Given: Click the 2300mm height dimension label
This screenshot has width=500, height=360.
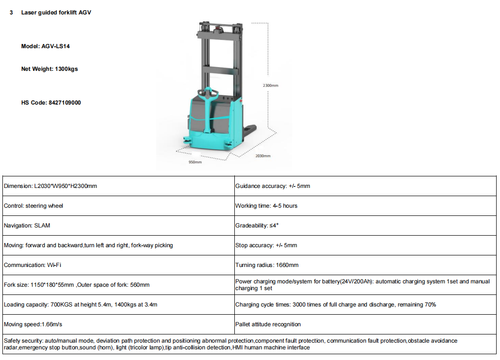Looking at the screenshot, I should pos(270,85).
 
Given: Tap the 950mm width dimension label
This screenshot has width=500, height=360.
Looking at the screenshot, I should pos(195,162).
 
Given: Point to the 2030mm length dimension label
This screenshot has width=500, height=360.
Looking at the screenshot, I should pos(263,156).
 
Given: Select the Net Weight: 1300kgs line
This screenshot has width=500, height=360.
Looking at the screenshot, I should pos(49,69).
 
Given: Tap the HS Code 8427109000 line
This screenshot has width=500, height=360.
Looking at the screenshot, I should pos(51,103).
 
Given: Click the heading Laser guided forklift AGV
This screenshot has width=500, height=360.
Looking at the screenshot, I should pos(56,13).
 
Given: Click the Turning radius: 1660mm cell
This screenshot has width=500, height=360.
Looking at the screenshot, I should pos(267,265).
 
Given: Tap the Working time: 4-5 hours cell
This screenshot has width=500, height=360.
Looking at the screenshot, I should pos(266,206).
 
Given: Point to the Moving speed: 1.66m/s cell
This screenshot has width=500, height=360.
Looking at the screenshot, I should pos(33,324).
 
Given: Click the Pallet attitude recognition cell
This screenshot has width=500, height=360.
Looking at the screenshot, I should pos(268,324).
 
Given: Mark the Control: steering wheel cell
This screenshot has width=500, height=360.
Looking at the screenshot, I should pos(33,206).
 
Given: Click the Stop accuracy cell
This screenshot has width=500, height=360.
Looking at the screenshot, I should pos(266,245).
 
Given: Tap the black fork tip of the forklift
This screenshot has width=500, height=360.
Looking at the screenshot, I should pos(251,129).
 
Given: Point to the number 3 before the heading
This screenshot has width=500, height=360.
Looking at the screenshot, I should pos(11,13).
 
